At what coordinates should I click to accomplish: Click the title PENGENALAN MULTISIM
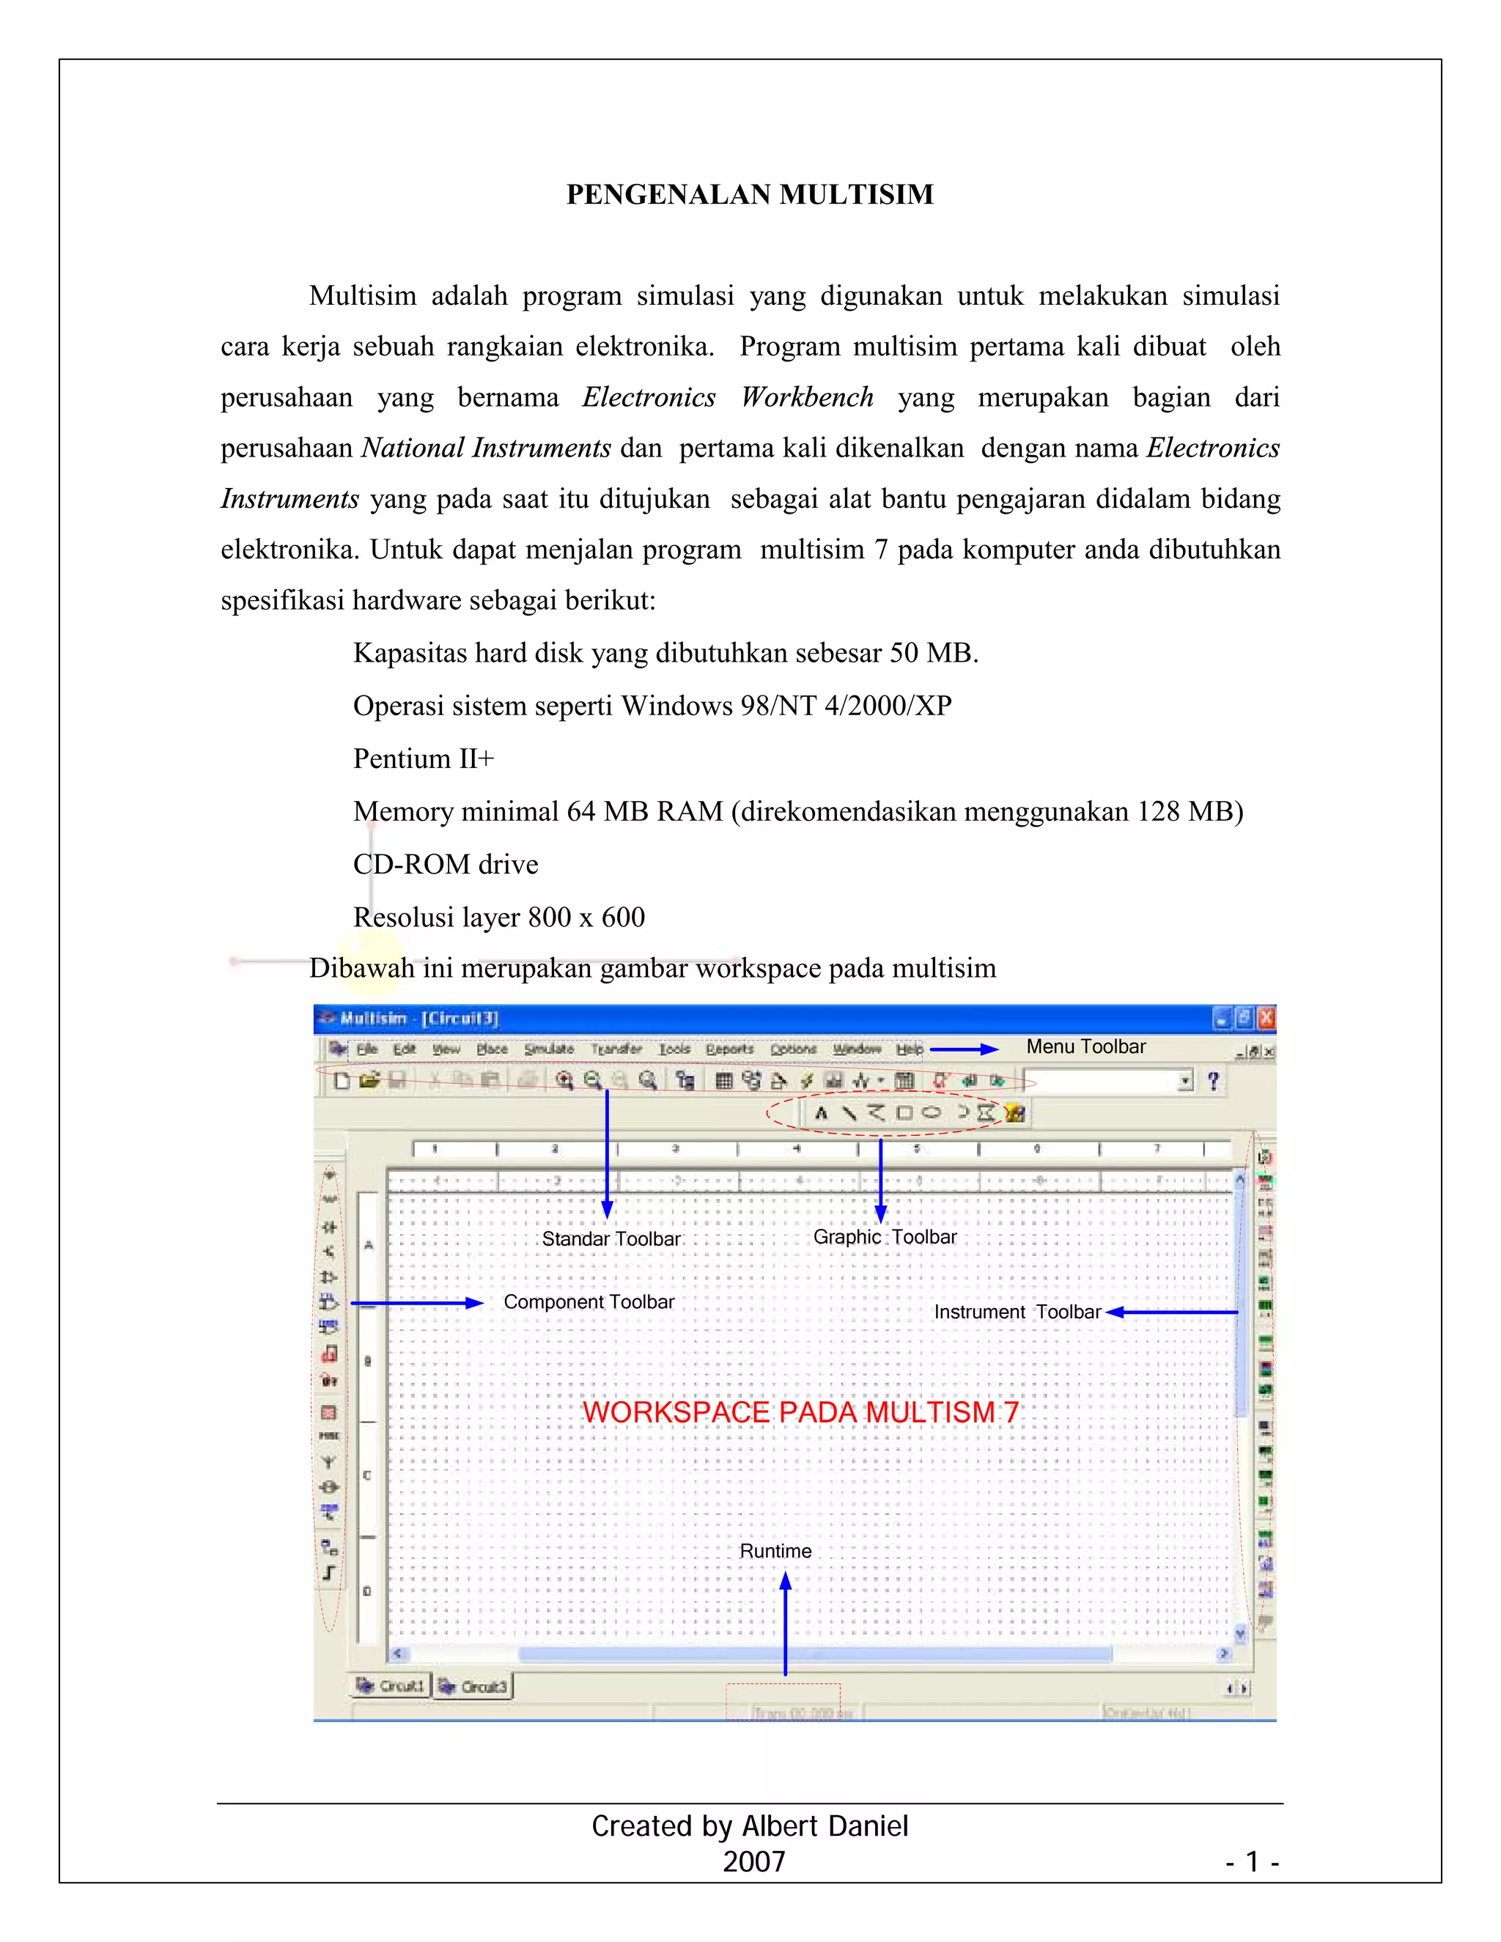[750, 194]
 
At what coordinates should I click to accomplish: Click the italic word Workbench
[806, 396]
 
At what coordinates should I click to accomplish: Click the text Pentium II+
[424, 758]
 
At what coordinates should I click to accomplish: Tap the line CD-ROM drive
[446, 864]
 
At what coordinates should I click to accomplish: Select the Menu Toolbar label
[1085, 1046]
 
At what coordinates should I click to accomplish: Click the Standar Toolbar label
[611, 1238]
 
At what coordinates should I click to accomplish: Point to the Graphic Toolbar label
[885, 1237]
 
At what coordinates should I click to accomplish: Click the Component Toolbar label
[589, 1302]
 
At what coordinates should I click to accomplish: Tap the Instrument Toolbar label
[1017, 1312]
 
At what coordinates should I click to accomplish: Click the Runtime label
[775, 1551]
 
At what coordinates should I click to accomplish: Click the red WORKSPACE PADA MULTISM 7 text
[800, 1412]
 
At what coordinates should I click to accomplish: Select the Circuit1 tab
[391, 1686]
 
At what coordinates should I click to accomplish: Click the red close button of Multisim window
[1266, 1018]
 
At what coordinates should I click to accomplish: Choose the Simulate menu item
[549, 1049]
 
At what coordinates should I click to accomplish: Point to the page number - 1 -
[1251, 1861]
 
